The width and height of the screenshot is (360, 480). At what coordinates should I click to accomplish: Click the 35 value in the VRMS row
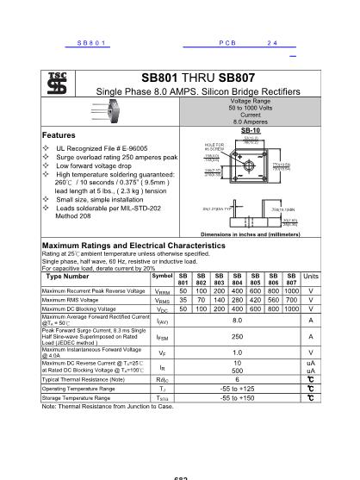tap(183, 300)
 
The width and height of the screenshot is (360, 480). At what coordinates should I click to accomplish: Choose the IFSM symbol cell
tap(162, 337)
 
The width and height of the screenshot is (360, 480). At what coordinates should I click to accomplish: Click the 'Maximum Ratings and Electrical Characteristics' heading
tap(133, 246)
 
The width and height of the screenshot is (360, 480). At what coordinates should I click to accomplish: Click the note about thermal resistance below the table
tap(108, 407)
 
